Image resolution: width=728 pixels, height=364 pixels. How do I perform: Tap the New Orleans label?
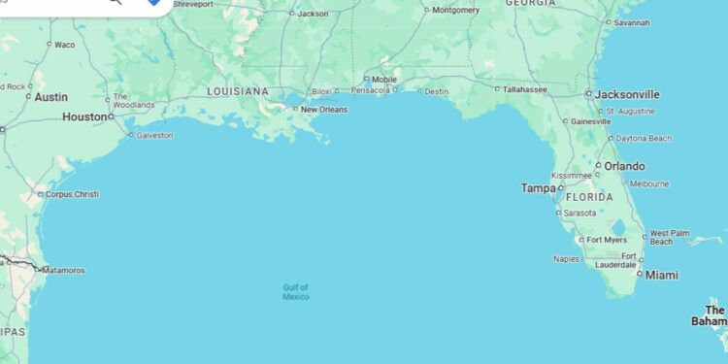[323, 110]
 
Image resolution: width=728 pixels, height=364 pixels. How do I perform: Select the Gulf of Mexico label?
[296, 292]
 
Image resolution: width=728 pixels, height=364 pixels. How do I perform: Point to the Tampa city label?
[537, 188]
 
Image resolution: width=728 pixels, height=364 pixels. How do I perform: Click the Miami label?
[662, 276]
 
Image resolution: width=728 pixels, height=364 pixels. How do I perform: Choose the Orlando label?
[624, 166]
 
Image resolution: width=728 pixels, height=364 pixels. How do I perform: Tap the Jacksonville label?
[627, 94]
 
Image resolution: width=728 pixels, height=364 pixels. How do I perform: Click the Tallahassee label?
[525, 89]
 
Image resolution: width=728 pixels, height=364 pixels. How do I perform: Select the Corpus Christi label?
[72, 194]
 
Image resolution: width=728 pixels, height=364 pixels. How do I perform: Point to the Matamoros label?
[63, 270]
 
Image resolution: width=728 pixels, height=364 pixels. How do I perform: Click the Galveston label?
[154, 135]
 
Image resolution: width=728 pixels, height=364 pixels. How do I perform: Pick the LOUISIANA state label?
[237, 91]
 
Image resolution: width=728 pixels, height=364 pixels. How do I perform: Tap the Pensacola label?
[370, 90]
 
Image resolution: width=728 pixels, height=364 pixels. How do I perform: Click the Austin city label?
[50, 97]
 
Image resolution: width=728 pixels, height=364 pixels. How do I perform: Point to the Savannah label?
[631, 21]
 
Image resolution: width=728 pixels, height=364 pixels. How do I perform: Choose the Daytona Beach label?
[645, 139]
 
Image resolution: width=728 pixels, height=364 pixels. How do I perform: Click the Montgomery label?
[455, 10]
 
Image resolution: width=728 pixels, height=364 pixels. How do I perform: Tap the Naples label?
[566, 259]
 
